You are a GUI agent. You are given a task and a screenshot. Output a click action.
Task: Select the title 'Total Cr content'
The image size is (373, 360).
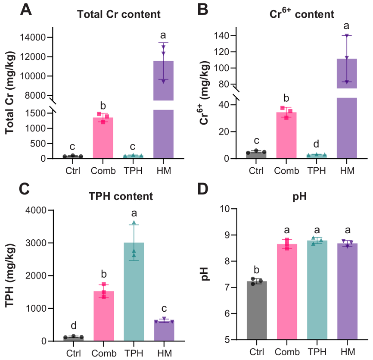(118, 14)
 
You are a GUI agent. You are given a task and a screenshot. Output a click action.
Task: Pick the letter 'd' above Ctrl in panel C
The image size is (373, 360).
(73, 324)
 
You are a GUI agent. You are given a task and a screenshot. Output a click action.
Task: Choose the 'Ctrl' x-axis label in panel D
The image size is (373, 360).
(257, 352)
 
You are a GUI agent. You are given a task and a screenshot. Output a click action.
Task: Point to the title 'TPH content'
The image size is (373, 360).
(121, 197)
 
